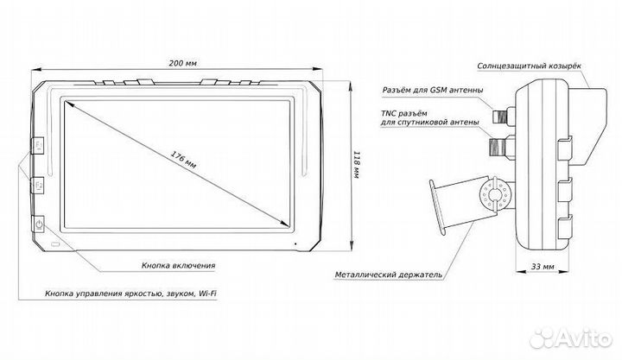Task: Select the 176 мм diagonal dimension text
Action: tap(183, 161)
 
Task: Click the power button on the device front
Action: tap(40, 226)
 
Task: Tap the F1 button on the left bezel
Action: tap(40, 145)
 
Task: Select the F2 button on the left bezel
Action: tap(40, 185)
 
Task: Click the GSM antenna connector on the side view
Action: tap(499, 113)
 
